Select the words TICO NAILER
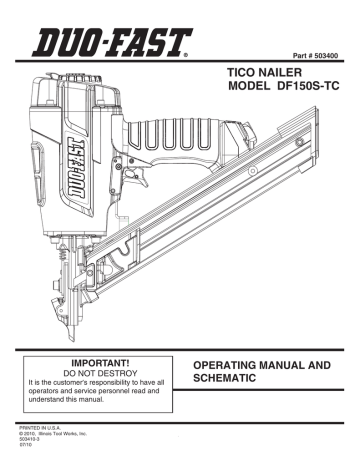257,73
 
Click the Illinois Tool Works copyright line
51,436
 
